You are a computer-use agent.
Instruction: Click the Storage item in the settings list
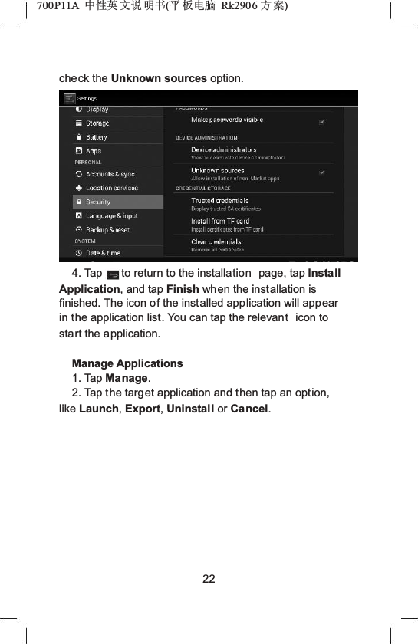click(x=97, y=123)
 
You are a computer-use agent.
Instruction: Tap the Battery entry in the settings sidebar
click(x=97, y=137)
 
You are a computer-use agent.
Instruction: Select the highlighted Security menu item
click(x=98, y=202)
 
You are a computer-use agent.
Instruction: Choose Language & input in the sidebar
click(x=112, y=216)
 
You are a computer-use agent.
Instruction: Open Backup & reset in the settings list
click(x=107, y=230)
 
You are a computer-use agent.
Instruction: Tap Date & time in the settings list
click(x=103, y=253)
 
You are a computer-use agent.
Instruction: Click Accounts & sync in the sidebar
click(x=110, y=174)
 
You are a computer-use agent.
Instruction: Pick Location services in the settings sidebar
click(x=112, y=188)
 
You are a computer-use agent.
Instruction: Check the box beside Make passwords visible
click(x=322, y=121)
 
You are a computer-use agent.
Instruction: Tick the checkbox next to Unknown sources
click(x=322, y=172)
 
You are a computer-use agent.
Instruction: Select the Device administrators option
click(x=224, y=150)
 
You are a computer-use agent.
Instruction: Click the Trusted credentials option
click(x=219, y=201)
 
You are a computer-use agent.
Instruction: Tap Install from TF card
click(x=220, y=222)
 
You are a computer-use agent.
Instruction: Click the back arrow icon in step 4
click(x=114, y=274)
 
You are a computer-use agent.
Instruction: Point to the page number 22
click(x=209, y=577)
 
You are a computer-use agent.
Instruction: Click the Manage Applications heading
click(x=127, y=363)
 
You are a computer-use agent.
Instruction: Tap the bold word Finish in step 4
click(x=183, y=288)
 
